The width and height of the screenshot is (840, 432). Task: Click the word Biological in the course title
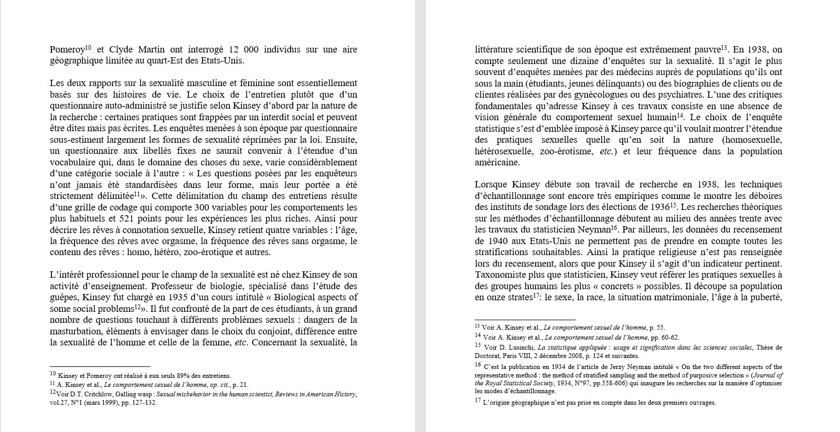(297, 298)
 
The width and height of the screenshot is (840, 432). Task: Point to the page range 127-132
(144, 403)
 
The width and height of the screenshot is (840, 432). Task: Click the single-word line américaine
(497, 163)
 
